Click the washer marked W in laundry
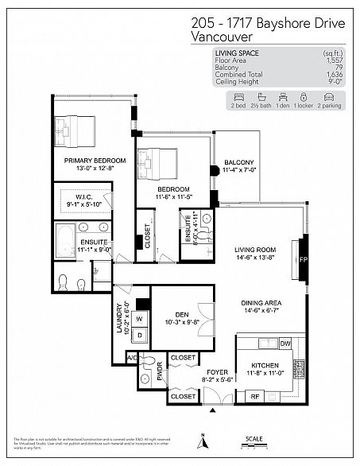[x=139, y=320]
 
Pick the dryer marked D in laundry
[x=139, y=335]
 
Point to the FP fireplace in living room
[x=302, y=259]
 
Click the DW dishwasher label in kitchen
[x=285, y=344]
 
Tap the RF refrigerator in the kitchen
[x=256, y=395]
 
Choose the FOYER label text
[x=218, y=371]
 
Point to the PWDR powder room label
[x=160, y=372]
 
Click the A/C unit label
[x=131, y=358]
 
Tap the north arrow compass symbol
[x=203, y=441]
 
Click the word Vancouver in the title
[x=224, y=37]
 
